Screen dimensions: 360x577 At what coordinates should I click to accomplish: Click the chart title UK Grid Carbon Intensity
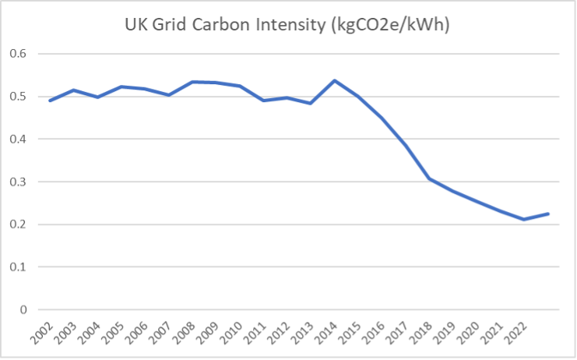(x=289, y=25)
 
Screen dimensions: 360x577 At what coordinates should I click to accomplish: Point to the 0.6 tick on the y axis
(x=17, y=55)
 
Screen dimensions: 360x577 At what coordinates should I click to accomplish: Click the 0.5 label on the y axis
(x=17, y=97)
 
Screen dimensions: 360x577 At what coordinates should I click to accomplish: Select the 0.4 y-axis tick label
(x=17, y=139)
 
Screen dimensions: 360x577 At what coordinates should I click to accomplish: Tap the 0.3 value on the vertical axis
(x=17, y=182)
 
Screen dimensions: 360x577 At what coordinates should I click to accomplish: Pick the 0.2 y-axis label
(x=17, y=224)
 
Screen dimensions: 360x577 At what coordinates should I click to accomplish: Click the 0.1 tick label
(x=17, y=267)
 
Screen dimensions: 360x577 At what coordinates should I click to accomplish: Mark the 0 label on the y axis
(x=22, y=309)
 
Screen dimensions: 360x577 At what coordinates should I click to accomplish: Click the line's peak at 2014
(x=334, y=80)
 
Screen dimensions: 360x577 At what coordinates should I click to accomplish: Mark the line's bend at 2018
(x=428, y=178)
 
